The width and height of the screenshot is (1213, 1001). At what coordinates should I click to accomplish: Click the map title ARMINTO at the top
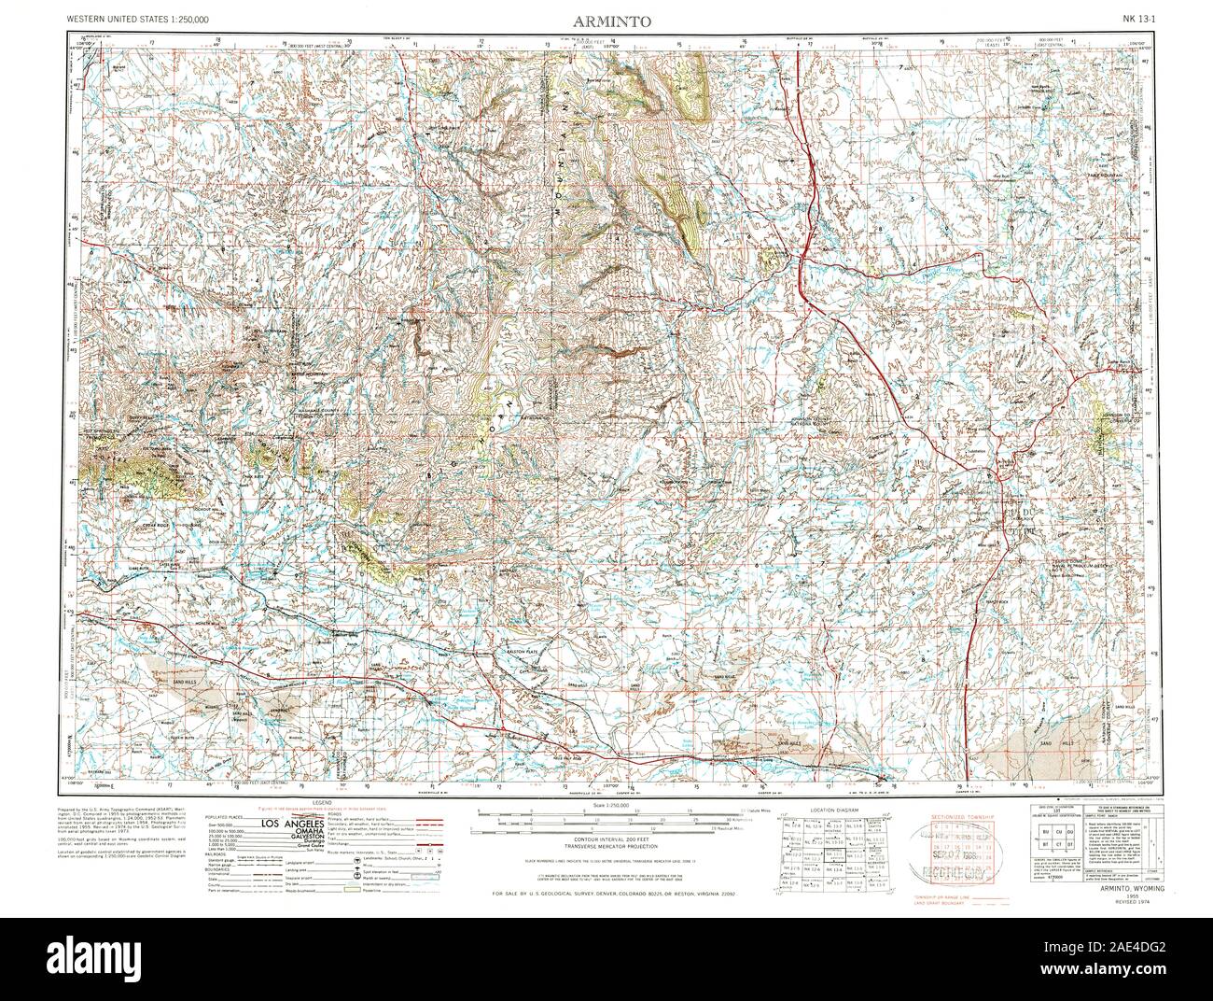606,20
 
